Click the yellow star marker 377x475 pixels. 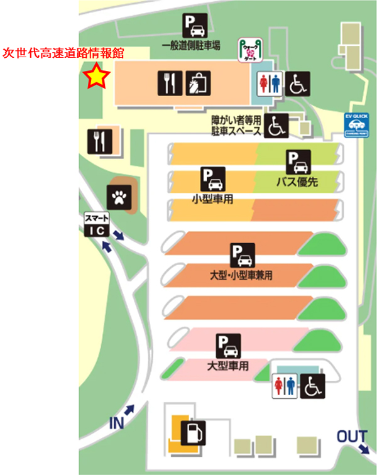pyautogui.click(x=97, y=77)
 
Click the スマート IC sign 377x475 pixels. pyautogui.click(x=97, y=225)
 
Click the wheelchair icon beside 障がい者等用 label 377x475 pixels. pyautogui.click(x=275, y=126)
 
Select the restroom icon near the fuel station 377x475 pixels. pyautogui.click(x=285, y=386)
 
